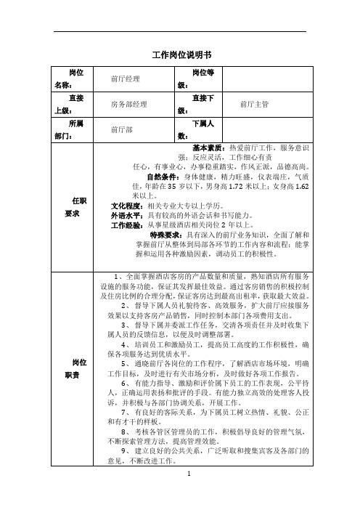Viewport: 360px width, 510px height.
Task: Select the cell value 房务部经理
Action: [129, 105]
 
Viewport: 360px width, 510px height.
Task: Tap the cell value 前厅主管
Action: [254, 105]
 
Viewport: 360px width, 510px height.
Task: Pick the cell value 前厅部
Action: [122, 131]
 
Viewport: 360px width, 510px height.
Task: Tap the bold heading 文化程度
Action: [126, 206]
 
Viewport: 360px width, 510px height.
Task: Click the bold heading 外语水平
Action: [126, 216]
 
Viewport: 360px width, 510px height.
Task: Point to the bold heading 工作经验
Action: [126, 225]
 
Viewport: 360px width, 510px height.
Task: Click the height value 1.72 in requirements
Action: [231, 187]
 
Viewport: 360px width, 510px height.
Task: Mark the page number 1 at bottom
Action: [189, 493]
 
